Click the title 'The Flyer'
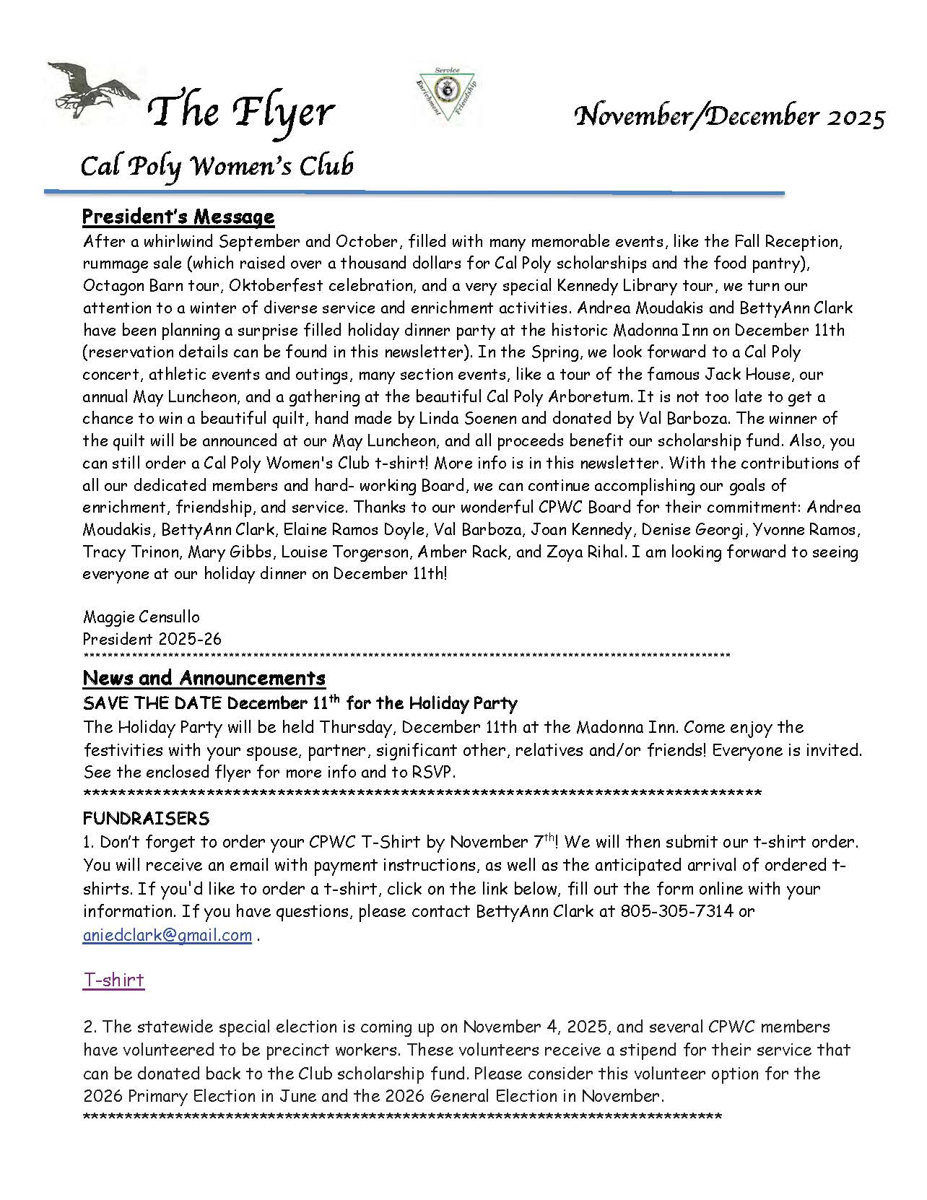tap(241, 112)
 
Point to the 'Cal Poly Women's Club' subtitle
tap(217, 166)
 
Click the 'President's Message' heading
tap(178, 217)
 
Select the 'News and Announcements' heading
tap(204, 678)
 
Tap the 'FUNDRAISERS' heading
tap(146, 818)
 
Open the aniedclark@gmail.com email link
tap(167, 935)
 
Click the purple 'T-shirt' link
tap(114, 980)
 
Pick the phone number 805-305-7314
tap(676, 911)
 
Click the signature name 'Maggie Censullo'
tap(142, 617)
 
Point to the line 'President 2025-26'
tap(152, 639)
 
